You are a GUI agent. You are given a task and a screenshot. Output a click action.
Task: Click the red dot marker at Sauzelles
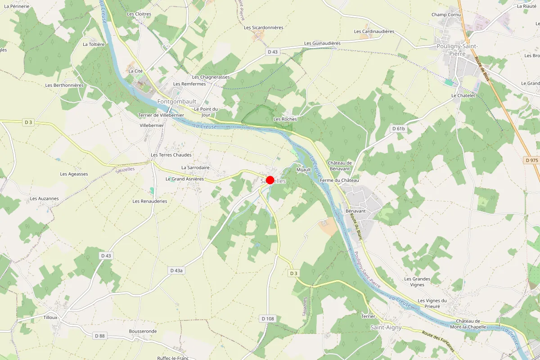270,180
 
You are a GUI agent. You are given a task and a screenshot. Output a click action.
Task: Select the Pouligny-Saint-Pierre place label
457,49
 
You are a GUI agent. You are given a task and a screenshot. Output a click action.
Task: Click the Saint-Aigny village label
386,328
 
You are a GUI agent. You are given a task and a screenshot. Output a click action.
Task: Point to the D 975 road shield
531,160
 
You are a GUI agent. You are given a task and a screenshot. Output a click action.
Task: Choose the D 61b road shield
398,129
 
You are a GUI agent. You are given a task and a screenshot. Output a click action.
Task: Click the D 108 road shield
267,319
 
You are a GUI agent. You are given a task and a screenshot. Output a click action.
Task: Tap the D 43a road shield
176,270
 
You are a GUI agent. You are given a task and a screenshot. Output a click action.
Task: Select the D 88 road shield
99,336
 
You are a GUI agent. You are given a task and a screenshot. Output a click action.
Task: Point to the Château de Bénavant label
339,166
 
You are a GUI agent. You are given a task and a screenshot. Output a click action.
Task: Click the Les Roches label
285,119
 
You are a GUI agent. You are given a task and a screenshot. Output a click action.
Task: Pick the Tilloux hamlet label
50,317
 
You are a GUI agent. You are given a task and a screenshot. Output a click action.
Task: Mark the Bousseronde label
143,331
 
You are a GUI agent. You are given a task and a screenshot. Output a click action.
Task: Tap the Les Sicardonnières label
264,27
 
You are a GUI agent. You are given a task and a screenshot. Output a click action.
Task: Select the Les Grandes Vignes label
417,282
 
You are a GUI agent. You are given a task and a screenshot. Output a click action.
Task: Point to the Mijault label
304,170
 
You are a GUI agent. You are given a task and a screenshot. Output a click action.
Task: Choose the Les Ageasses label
74,174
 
